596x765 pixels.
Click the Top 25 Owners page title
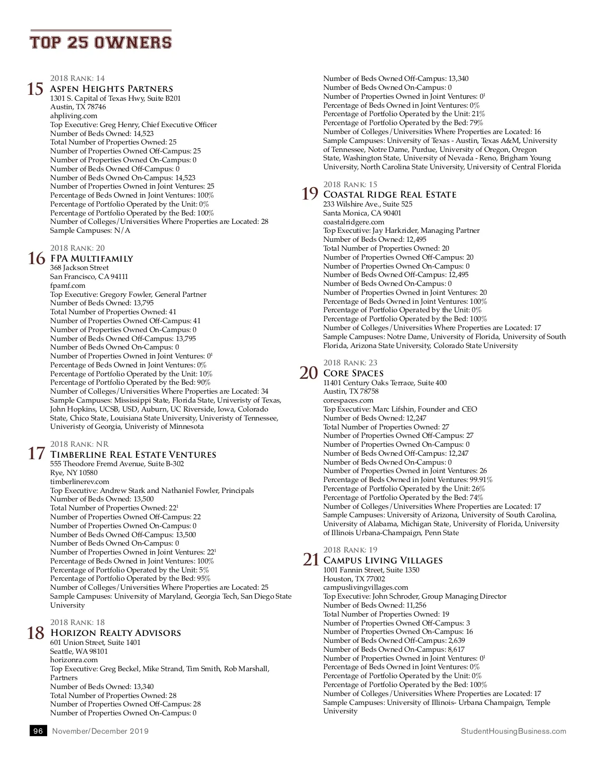101,42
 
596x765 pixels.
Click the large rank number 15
35,89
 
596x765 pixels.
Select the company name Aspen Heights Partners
112,89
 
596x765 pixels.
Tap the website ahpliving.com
74,116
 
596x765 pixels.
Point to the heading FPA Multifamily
92,259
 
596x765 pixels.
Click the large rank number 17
36,453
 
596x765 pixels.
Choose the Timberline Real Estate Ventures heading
133,455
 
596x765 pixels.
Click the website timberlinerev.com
79,482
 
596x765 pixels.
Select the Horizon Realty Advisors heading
115,633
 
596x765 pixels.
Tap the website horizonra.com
74,660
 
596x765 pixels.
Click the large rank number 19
310,194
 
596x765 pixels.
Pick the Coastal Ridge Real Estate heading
390,195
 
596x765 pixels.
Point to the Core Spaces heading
353,373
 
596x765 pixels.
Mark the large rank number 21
311,559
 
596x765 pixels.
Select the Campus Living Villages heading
383,560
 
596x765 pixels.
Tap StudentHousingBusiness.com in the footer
514,731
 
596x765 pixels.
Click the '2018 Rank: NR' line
79,444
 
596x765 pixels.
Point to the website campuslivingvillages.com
366,587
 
